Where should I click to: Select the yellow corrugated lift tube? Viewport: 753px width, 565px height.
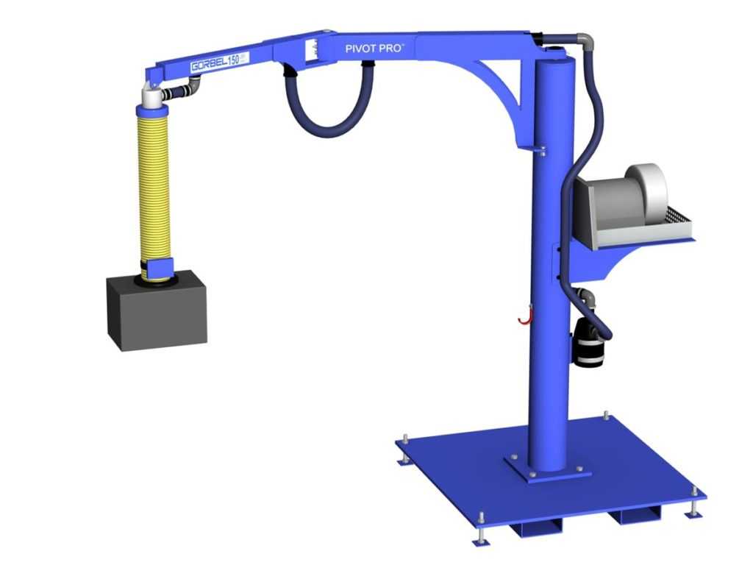[x=154, y=184]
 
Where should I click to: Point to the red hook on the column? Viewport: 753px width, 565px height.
[x=523, y=316]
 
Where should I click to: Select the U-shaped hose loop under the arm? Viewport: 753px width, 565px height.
[x=329, y=110]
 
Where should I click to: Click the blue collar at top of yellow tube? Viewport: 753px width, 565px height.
[x=154, y=112]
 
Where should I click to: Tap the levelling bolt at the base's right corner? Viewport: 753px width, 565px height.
[x=694, y=506]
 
